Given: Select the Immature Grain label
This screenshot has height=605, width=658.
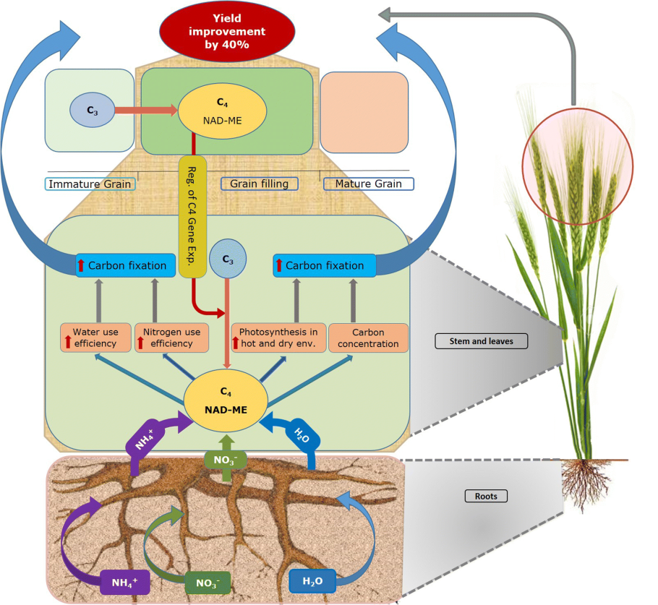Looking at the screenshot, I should [90, 184].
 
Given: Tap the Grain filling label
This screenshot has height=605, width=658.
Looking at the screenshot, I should [260, 184].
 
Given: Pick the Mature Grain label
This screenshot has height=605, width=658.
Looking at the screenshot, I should [368, 184].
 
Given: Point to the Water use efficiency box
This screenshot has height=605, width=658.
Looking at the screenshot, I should [95, 338].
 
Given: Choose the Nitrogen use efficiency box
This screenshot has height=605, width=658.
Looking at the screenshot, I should [172, 338].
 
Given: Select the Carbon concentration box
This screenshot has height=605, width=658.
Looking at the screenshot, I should [368, 338].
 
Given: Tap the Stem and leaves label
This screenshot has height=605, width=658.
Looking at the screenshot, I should [482, 341].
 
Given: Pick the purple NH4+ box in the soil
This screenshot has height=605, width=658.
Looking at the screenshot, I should [124, 580].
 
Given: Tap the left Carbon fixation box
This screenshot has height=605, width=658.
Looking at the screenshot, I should [126, 265].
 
